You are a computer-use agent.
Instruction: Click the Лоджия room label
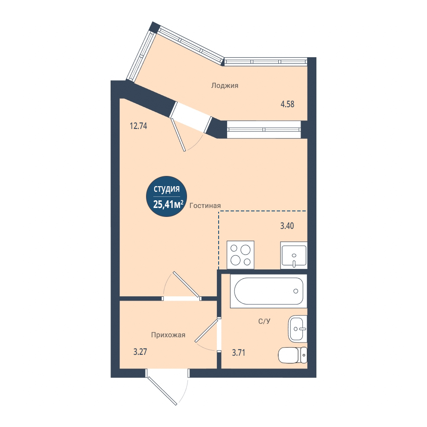pyautogui.click(x=225, y=85)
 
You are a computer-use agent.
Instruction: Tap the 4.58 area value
pyautogui.click(x=287, y=104)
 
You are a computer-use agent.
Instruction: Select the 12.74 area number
pyautogui.click(x=138, y=126)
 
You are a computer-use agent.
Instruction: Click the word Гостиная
pyautogui.click(x=205, y=206)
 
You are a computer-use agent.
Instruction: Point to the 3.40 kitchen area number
pyautogui.click(x=287, y=226)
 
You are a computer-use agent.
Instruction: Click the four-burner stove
pyautogui.click(x=240, y=255)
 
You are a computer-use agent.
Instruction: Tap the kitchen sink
pyautogui.click(x=294, y=255)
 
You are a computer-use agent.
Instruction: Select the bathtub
pyautogui.click(x=269, y=291)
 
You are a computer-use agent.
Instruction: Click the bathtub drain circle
pyautogui.click(x=296, y=291)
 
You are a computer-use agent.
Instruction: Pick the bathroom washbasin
pyautogui.click(x=298, y=329)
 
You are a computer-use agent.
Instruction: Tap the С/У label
pyautogui.click(x=264, y=322)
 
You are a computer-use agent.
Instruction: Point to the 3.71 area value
pyautogui.click(x=239, y=353)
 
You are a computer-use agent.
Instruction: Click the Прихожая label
pyautogui.click(x=168, y=335)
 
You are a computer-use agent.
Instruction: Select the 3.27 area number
pyautogui.click(x=140, y=352)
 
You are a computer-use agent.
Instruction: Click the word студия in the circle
pyautogui.click(x=167, y=189)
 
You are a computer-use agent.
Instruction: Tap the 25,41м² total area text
pyautogui.click(x=168, y=204)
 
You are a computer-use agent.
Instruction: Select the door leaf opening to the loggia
pyautogui.click(x=178, y=135)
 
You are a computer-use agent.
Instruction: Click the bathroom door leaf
pyautogui.click(x=206, y=330)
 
